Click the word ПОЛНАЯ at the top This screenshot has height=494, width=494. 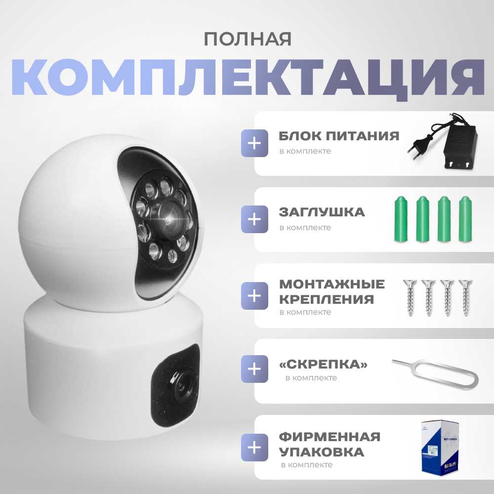pyautogui.click(x=247, y=40)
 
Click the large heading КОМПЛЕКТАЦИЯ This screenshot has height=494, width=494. pyautogui.click(x=247, y=78)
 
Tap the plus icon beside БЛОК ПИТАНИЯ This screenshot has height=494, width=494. pyautogui.click(x=254, y=143)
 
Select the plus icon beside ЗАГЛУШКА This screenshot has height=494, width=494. pyautogui.click(x=254, y=219)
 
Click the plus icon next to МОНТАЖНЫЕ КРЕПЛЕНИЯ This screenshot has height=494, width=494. pyautogui.click(x=254, y=295)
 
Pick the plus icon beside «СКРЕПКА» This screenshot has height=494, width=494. pyautogui.click(x=254, y=369)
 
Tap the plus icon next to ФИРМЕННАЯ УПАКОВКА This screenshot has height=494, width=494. pyautogui.click(x=254, y=448)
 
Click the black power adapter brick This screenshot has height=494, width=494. pyautogui.click(x=460, y=150)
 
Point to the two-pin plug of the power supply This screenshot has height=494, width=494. pyautogui.click(x=416, y=151)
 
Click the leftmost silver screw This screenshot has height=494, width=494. pyautogui.click(x=410, y=297)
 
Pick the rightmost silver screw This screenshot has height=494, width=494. pyautogui.click(x=465, y=297)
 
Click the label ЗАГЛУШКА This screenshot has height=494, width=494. pyautogui.click(x=322, y=212)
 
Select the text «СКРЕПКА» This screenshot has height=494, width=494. pyautogui.click(x=323, y=365)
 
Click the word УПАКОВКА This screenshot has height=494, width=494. pyautogui.click(x=322, y=452)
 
